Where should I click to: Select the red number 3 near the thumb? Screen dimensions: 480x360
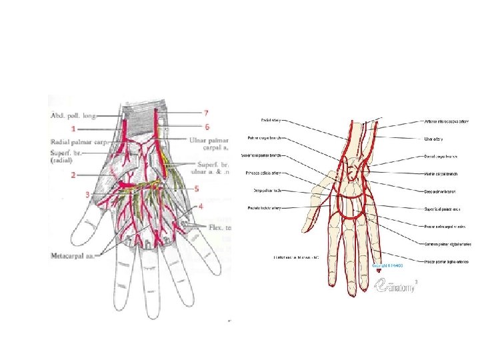[x=87, y=195]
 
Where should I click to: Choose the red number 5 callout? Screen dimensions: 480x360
[x=196, y=189]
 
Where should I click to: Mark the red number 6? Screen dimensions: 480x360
[x=207, y=126]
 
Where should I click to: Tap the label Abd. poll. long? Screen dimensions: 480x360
[x=73, y=115]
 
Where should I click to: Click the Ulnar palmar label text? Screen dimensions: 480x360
[x=208, y=141]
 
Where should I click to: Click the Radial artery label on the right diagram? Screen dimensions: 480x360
[x=271, y=121]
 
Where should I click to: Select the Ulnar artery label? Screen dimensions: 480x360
[x=435, y=139]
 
